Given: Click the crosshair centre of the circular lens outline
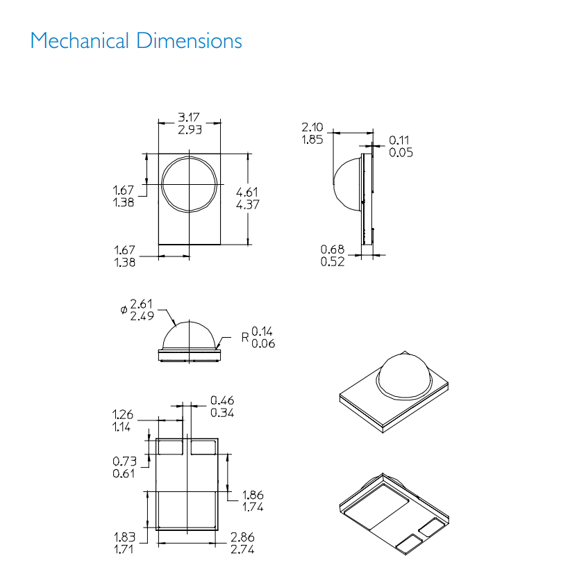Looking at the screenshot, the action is (x=190, y=184).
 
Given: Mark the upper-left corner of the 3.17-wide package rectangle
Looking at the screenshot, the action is (x=158, y=154).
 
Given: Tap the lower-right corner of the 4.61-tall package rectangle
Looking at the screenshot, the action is (x=220, y=245).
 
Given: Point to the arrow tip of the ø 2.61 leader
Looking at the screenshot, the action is (x=176, y=326).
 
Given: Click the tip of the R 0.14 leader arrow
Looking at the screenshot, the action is (x=216, y=349).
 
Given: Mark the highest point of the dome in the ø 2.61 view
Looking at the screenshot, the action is (x=189, y=321).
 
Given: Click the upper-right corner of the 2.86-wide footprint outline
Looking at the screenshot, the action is (x=218, y=439).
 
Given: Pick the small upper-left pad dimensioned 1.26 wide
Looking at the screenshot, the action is (x=170, y=447).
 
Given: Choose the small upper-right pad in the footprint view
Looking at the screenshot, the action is (x=203, y=447).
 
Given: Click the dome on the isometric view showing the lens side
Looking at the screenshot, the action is (x=404, y=375).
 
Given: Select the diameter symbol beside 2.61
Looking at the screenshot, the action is (x=124, y=309).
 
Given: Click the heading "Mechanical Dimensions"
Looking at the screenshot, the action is (x=136, y=40).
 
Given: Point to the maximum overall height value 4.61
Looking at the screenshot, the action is (x=246, y=192).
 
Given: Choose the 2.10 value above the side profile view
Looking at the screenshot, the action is (x=312, y=127).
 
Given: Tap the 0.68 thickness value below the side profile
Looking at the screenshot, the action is (x=333, y=249).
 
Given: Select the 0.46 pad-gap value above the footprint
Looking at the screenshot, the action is (x=222, y=400).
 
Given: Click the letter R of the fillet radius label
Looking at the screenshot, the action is (x=245, y=338).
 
